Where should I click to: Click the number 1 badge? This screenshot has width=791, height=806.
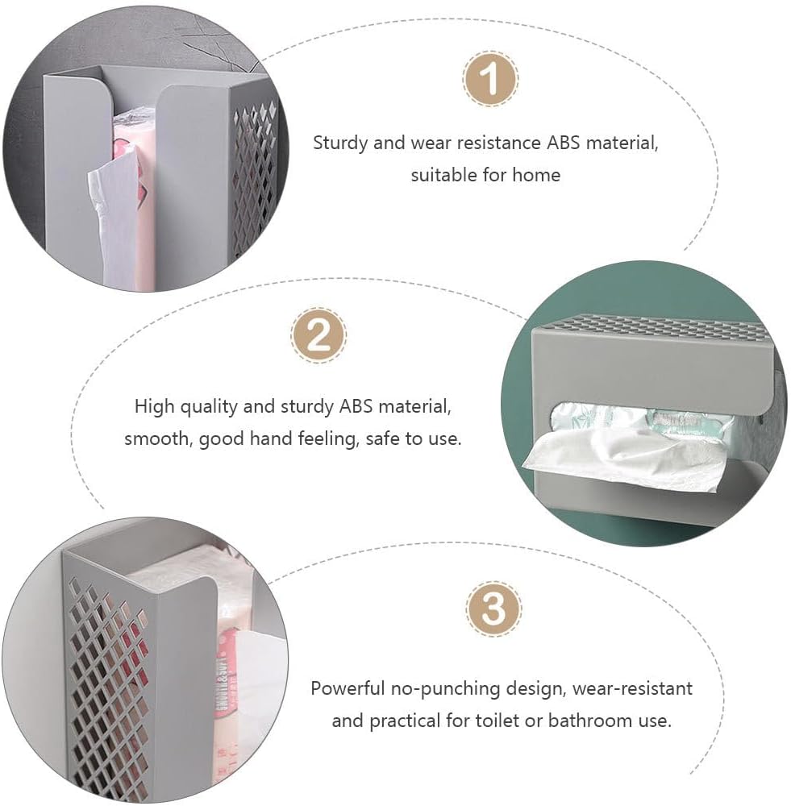coord(489,79)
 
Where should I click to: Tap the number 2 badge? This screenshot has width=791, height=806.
coord(318,335)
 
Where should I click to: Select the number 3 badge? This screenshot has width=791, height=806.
coord(493,609)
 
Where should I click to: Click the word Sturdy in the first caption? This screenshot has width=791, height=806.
coord(340,143)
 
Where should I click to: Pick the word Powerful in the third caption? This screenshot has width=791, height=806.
coord(348,688)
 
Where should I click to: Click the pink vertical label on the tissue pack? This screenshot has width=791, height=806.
coord(226,678)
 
